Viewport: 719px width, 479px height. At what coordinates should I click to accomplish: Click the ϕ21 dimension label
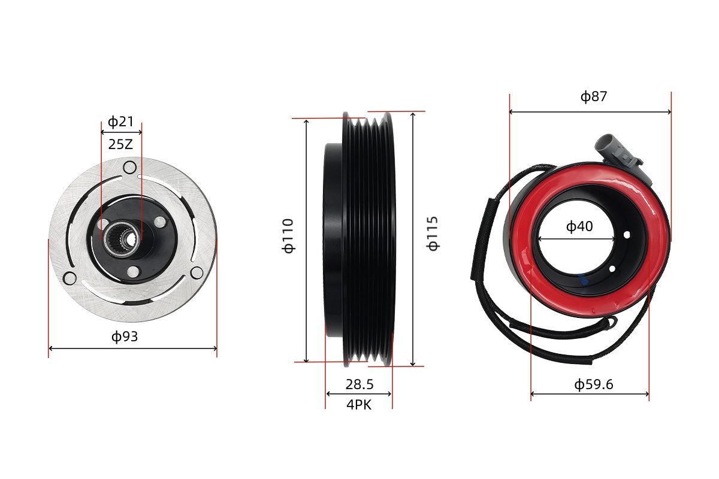point(121,122)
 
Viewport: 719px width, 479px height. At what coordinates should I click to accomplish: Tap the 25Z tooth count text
point(120,144)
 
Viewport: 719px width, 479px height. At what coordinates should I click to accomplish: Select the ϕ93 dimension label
point(125,336)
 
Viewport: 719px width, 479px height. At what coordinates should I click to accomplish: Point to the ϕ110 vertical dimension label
point(289,235)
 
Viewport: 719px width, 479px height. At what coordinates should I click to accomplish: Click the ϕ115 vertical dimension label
point(433,234)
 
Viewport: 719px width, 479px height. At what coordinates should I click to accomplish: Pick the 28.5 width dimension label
point(359,384)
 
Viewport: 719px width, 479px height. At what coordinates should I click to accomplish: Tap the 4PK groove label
point(359,405)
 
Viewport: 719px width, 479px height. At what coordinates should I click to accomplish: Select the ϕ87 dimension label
point(594,96)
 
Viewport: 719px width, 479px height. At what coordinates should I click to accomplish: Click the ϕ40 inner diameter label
point(579,227)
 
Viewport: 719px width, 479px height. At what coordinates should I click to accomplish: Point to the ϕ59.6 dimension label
point(594,384)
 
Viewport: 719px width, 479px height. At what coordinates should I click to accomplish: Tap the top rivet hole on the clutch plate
point(129,168)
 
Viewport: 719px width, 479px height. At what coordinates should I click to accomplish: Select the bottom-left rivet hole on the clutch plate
point(70,278)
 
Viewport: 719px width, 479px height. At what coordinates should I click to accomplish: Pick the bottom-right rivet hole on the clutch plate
point(197,273)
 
